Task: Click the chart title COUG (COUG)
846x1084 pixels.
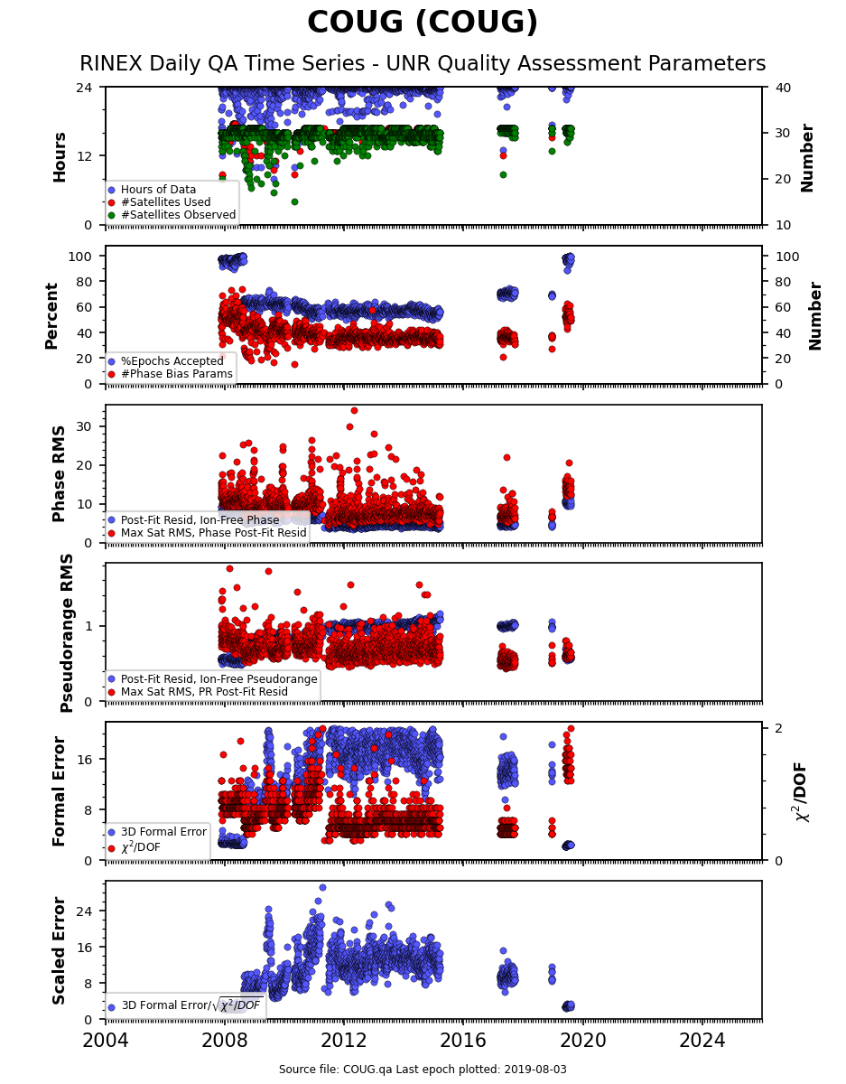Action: coord(423,23)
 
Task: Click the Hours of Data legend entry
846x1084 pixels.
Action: coord(153,190)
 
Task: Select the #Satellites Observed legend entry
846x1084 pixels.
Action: coord(172,215)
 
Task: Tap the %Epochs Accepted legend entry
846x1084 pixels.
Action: coord(166,361)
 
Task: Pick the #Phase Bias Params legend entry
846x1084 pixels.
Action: coord(171,374)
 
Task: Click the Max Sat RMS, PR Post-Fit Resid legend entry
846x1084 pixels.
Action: coord(198,692)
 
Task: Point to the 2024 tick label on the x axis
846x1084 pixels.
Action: coord(702,1041)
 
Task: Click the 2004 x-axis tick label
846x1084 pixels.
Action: coord(106,1041)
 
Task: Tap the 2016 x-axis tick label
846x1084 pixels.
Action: coord(463,1041)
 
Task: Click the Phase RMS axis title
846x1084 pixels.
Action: coord(59,474)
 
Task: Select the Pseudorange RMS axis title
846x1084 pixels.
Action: coord(67,633)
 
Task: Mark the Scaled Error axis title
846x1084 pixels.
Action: coord(59,951)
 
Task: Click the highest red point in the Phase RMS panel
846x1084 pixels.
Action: coord(354,410)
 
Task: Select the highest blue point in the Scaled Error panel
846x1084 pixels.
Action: coord(322,887)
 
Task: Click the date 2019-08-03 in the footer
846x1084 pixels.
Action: coord(535,1069)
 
